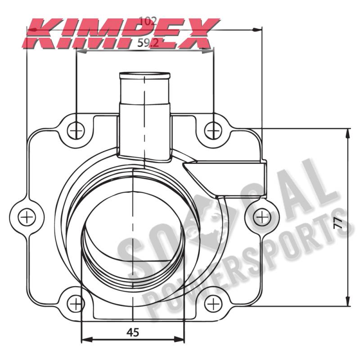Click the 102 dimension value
(148, 21)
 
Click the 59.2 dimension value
(148, 43)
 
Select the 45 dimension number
(133, 332)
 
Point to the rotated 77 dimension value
(338, 223)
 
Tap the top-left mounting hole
(76, 131)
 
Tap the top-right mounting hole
(213, 131)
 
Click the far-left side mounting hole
(27, 217)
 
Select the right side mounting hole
(262, 217)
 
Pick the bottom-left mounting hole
(76, 304)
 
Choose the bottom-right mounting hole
(213, 304)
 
